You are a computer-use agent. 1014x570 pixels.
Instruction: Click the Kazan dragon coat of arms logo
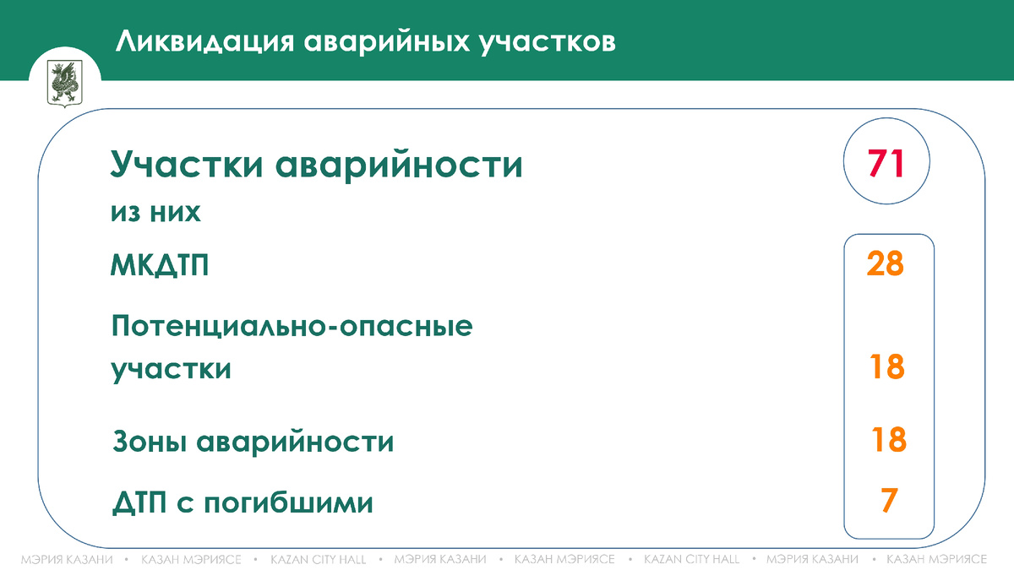tap(64, 82)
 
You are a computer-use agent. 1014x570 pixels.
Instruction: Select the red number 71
tap(886, 163)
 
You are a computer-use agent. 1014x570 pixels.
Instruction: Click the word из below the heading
tap(125, 213)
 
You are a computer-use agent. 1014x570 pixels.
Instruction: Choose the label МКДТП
tap(160, 267)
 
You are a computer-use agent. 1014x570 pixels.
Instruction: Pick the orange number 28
tap(886, 264)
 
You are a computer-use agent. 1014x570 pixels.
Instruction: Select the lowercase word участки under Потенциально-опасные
tap(171, 370)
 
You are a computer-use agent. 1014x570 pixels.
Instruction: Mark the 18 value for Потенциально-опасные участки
tap(887, 367)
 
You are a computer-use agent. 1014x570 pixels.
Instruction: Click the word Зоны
tap(150, 442)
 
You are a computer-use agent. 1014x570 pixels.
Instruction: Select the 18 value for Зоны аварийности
tap(889, 440)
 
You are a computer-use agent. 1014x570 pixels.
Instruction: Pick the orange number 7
tap(887, 500)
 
